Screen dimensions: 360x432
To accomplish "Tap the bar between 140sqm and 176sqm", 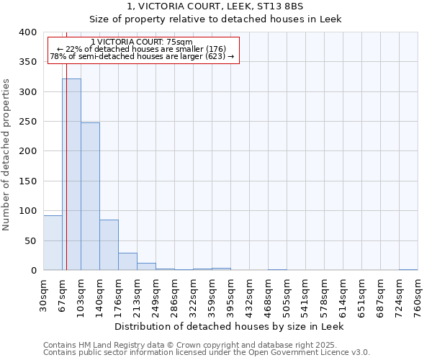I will coord(109,245).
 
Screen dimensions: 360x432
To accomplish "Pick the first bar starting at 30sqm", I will coord(53,243).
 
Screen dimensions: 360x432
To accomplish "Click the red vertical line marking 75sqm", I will coord(66,144).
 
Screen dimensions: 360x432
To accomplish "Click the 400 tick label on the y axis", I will coord(27,32).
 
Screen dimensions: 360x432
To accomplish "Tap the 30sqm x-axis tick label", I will coord(44,295).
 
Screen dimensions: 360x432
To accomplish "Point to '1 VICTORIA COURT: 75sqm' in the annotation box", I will coord(142,42).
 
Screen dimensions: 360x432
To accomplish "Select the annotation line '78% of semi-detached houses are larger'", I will coord(142,56).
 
